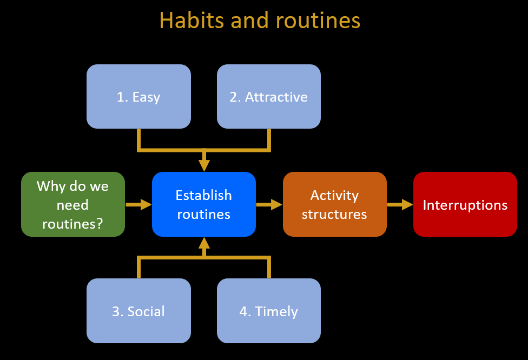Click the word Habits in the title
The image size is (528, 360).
click(x=192, y=20)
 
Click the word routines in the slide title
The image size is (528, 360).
click(x=318, y=20)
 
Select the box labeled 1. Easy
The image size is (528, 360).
click(x=138, y=97)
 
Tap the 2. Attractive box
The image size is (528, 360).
click(x=269, y=97)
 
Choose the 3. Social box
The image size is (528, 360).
click(x=138, y=311)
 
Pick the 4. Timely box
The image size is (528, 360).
click(x=269, y=311)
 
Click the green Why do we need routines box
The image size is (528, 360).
click(x=73, y=204)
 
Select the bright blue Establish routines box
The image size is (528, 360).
click(x=204, y=204)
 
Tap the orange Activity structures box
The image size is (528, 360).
click(x=335, y=204)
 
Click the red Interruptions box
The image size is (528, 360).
click(x=465, y=204)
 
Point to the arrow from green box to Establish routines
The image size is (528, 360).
click(x=138, y=204)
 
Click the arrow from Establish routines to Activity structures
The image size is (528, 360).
click(x=269, y=204)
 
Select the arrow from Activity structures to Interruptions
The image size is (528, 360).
click(x=400, y=204)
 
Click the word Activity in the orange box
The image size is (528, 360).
click(x=334, y=196)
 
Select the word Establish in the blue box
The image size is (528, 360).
click(x=204, y=195)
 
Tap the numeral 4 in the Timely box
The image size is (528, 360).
click(x=243, y=311)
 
